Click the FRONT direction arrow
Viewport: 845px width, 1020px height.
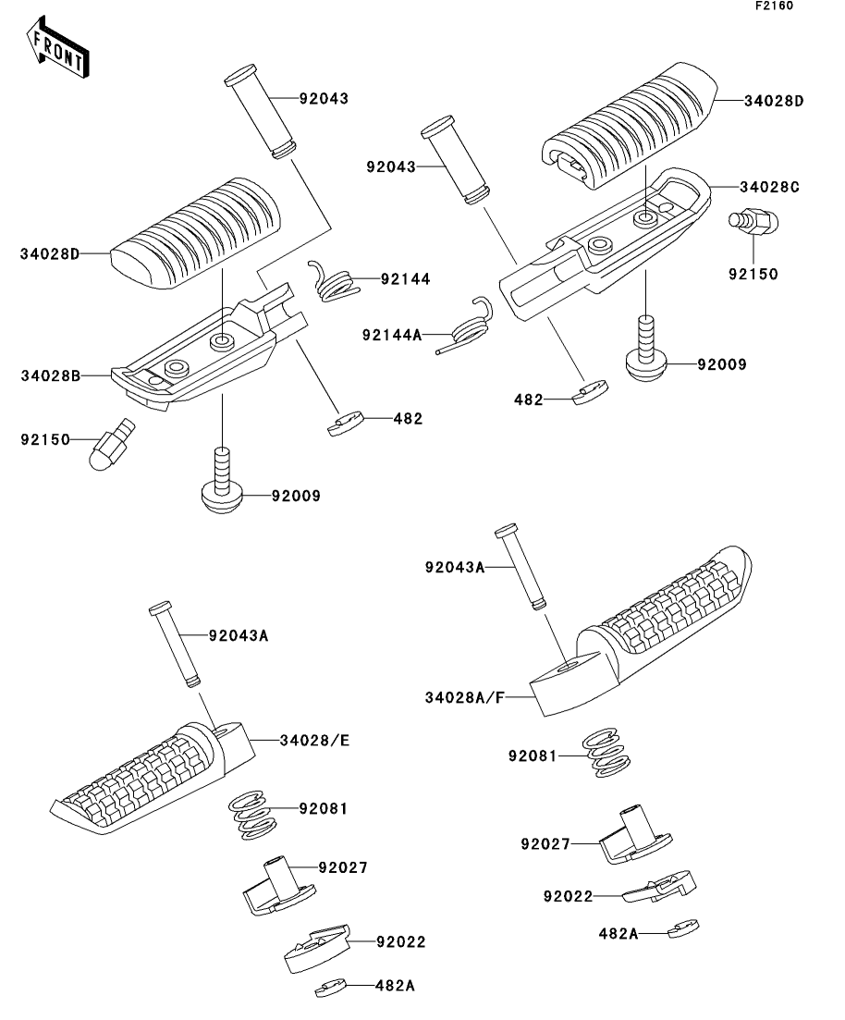[x=57, y=47]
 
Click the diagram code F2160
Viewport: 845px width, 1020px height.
[x=774, y=6]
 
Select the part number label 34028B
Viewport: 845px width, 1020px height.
[x=51, y=375]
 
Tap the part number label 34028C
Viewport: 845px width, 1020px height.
[x=769, y=187]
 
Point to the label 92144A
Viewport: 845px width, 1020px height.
[x=392, y=335]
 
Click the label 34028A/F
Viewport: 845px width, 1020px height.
[x=465, y=697]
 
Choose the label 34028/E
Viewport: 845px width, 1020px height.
[x=315, y=741]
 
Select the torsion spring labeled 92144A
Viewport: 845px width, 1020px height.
[x=463, y=326]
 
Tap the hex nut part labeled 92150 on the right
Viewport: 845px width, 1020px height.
[x=753, y=222]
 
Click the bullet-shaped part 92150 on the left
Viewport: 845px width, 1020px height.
[x=112, y=445]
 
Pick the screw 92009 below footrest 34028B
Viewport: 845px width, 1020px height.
[x=222, y=480]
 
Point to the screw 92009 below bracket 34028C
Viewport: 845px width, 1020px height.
[x=646, y=349]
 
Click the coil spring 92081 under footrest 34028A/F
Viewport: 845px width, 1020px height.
[x=606, y=753]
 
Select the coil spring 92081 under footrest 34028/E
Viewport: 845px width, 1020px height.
[x=251, y=815]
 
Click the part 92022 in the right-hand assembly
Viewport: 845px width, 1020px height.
[x=659, y=886]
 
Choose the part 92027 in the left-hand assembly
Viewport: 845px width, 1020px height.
[x=279, y=886]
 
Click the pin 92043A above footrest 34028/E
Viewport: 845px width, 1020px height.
[x=175, y=644]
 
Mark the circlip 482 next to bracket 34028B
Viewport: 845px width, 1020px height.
[x=344, y=424]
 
